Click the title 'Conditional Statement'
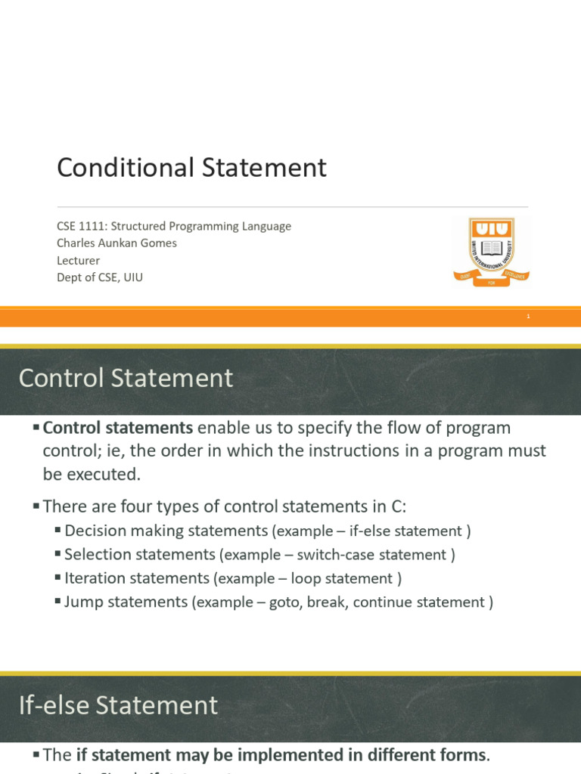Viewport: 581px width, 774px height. point(191,168)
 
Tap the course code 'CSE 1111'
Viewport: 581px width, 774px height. point(79,226)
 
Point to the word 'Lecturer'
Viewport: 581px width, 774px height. point(78,261)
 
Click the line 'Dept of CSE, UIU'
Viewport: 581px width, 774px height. point(100,277)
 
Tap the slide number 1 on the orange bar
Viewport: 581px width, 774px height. point(529,317)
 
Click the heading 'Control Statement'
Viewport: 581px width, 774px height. point(126,378)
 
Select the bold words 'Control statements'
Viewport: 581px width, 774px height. point(118,428)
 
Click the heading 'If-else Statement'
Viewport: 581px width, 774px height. point(118,705)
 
